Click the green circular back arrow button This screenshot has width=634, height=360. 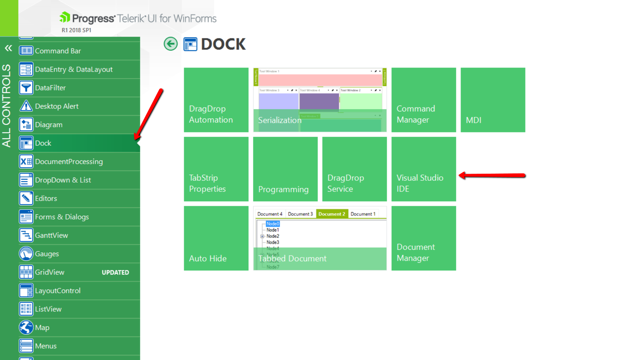tap(170, 44)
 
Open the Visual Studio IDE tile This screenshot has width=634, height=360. tap(424, 169)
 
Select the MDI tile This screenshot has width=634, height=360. tap(493, 100)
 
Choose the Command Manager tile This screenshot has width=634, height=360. tap(424, 100)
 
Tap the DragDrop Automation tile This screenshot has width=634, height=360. tap(216, 100)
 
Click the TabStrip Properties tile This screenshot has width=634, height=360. tap(216, 169)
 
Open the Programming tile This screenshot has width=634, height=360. tap(285, 169)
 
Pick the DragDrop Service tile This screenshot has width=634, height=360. tap(354, 169)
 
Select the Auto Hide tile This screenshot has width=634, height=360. tap(216, 238)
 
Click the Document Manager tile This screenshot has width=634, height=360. tap(424, 238)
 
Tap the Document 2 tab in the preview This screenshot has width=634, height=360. tap(332, 214)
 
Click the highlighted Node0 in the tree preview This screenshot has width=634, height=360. tap(273, 224)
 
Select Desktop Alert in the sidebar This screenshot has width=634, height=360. tap(57, 106)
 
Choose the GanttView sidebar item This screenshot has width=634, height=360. tap(52, 235)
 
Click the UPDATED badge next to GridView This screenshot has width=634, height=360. tap(115, 273)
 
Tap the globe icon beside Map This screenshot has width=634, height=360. tap(26, 328)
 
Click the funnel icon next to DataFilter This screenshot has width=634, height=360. tap(26, 88)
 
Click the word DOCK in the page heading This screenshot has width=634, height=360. tap(223, 44)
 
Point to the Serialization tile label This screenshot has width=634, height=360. tap(280, 120)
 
